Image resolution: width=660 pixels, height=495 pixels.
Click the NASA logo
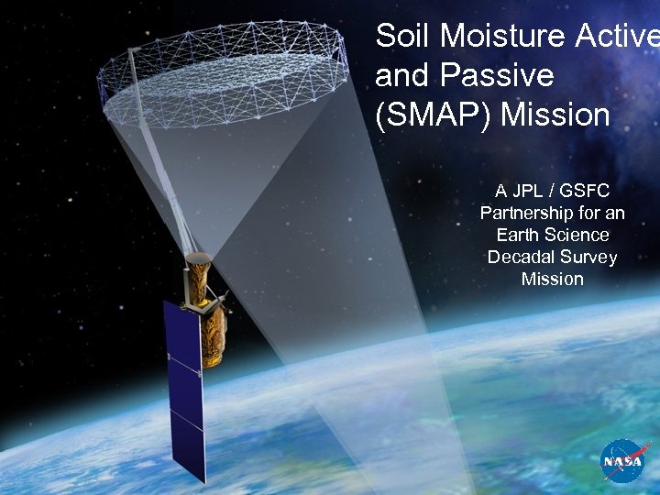click(626, 461)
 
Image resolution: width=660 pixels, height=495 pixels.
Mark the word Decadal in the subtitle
click(520, 258)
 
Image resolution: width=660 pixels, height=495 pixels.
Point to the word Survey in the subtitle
click(588, 258)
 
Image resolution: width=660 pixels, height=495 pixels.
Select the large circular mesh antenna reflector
click(225, 69)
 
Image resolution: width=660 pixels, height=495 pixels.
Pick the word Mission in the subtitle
click(552, 280)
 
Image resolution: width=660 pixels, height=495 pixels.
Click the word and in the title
click(403, 76)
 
